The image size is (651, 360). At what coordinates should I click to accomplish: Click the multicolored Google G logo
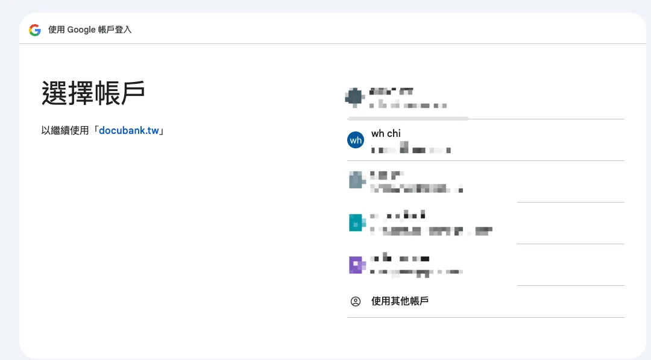click(35, 30)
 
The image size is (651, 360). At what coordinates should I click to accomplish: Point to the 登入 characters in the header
click(123, 30)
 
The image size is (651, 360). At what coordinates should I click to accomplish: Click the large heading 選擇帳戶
click(93, 93)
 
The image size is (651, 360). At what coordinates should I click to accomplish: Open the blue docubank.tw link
click(129, 130)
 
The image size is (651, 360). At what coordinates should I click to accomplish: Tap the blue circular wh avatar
click(356, 140)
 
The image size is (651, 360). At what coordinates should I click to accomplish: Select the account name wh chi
click(386, 133)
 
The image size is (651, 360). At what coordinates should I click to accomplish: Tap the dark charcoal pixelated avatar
click(354, 96)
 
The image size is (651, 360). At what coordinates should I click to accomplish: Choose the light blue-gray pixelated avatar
click(356, 180)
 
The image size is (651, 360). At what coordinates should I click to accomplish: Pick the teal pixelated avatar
click(357, 223)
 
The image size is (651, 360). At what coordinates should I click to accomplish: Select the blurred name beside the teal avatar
click(398, 215)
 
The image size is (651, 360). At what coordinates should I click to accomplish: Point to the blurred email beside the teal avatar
click(432, 230)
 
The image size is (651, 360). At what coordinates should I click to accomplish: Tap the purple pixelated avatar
click(356, 265)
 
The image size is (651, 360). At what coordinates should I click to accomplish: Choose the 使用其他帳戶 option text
click(400, 301)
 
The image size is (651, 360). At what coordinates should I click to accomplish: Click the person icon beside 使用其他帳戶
click(356, 302)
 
